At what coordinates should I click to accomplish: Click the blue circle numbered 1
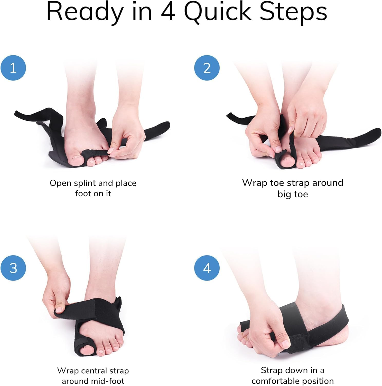click(13, 68)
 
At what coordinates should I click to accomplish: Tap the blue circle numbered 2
click(207, 68)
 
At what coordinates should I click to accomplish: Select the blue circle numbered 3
click(13, 268)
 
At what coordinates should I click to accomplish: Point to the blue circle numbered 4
click(207, 268)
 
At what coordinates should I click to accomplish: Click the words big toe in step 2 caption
click(293, 194)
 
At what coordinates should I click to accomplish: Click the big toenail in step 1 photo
click(77, 157)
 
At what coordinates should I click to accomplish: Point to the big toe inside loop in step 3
click(86, 350)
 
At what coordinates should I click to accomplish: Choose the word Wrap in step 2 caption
click(255, 183)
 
